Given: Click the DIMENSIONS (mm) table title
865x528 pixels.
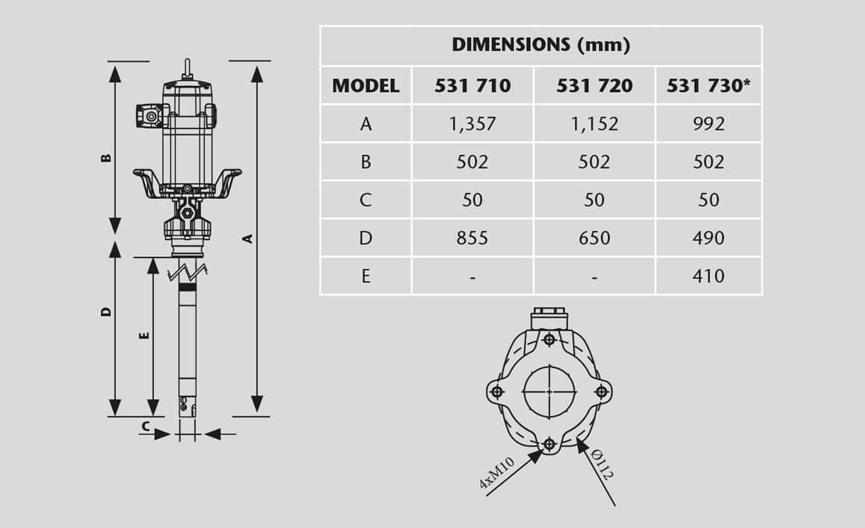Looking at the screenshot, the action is [x=541, y=45].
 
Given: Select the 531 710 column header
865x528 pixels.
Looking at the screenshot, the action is [x=472, y=85].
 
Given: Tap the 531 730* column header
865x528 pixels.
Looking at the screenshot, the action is [x=709, y=85].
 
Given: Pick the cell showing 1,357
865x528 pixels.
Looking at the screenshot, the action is [x=472, y=123].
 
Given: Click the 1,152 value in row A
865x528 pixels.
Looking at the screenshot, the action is [x=594, y=123].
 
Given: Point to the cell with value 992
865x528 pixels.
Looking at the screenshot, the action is [x=709, y=123].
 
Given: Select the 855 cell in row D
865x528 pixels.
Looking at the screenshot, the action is [x=472, y=238].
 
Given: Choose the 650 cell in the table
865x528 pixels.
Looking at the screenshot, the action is [x=594, y=238].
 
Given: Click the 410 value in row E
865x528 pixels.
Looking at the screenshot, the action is [x=709, y=276].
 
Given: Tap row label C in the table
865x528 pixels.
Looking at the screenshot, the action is [x=366, y=200].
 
